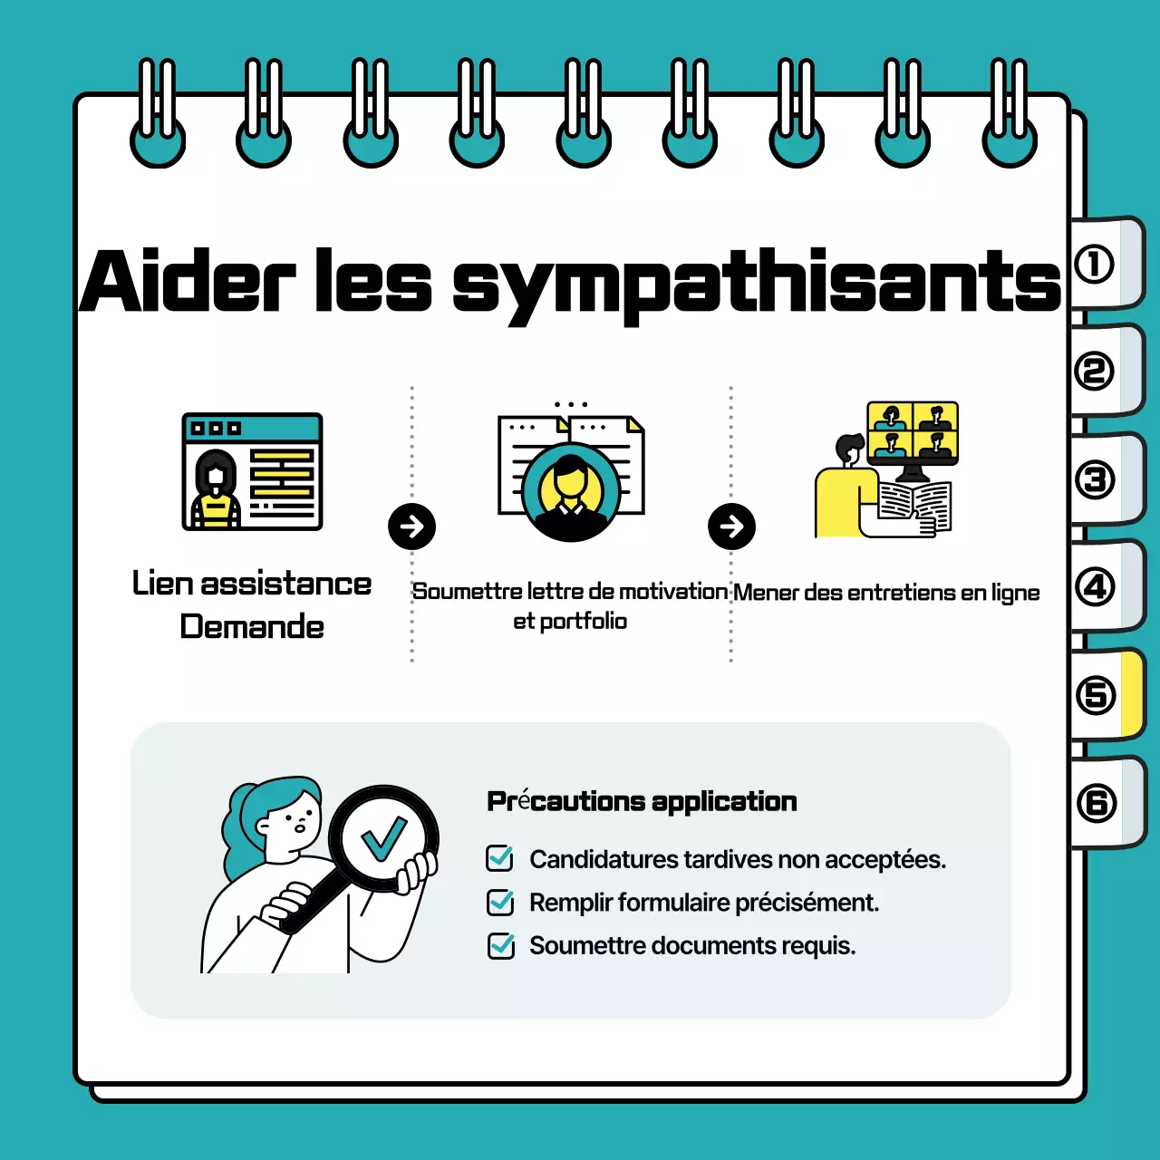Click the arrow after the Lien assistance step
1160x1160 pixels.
click(411, 527)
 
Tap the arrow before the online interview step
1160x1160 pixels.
click(731, 527)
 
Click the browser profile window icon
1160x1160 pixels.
click(252, 471)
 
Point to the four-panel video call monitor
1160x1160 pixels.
click(913, 432)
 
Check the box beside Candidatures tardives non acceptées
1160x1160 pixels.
click(500, 858)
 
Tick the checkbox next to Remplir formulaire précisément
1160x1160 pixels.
click(500, 902)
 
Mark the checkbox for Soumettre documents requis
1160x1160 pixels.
click(500, 945)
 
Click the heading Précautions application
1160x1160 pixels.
click(642, 801)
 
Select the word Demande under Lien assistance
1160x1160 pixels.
click(252, 626)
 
